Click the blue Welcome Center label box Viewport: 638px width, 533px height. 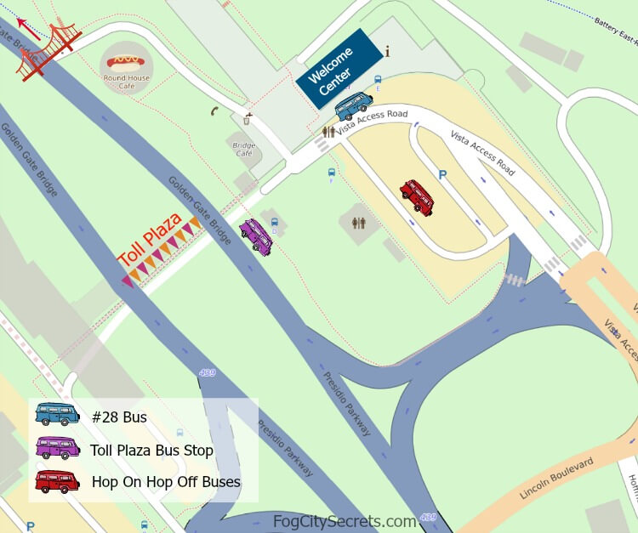pyautogui.click(x=339, y=69)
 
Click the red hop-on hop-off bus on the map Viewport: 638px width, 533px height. pyautogui.click(x=417, y=196)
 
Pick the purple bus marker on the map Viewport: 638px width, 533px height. pyautogui.click(x=256, y=235)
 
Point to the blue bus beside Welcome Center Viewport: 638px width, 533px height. pyautogui.click(x=353, y=105)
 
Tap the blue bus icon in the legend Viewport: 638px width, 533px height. pyautogui.click(x=57, y=415)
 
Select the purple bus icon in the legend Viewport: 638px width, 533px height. pyautogui.click(x=57, y=448)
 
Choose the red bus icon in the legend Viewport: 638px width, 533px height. pyautogui.click(x=57, y=481)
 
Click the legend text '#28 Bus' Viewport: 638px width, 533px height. pyautogui.click(x=119, y=417)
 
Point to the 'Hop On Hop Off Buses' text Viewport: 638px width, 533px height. pyautogui.click(x=166, y=482)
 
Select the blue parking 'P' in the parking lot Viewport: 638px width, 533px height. pyautogui.click(x=442, y=175)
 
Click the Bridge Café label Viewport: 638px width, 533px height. pyautogui.click(x=244, y=149)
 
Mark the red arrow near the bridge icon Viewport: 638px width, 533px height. pyautogui.click(x=28, y=30)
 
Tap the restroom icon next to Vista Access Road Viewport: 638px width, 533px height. pyautogui.click(x=329, y=133)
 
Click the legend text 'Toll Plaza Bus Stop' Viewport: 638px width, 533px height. pyautogui.click(x=151, y=450)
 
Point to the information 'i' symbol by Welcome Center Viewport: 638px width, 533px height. pyautogui.click(x=388, y=52)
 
